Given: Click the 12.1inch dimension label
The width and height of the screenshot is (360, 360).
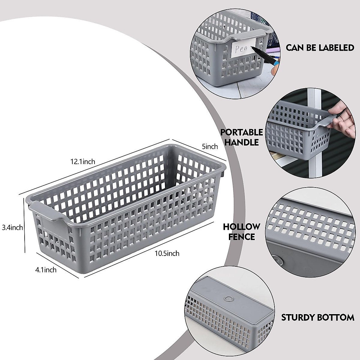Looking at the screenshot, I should (82, 162).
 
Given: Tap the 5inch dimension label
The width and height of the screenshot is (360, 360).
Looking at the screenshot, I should (210, 147).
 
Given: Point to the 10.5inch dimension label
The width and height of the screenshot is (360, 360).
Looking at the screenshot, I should (167, 253).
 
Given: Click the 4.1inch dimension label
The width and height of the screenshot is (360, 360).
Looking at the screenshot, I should (46, 270).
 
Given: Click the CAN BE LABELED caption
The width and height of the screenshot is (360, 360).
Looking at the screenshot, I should (320, 47).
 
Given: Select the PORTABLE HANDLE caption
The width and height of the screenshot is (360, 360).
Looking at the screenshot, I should (242, 137).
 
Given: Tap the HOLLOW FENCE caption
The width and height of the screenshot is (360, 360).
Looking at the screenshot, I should (241, 231).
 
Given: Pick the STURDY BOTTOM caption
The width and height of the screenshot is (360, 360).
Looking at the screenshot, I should (317, 317).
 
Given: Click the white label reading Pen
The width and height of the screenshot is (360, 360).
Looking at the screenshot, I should (244, 48).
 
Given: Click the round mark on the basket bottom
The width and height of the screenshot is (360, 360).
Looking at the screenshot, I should (229, 299).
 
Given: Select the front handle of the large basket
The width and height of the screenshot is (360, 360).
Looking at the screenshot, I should (48, 210).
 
